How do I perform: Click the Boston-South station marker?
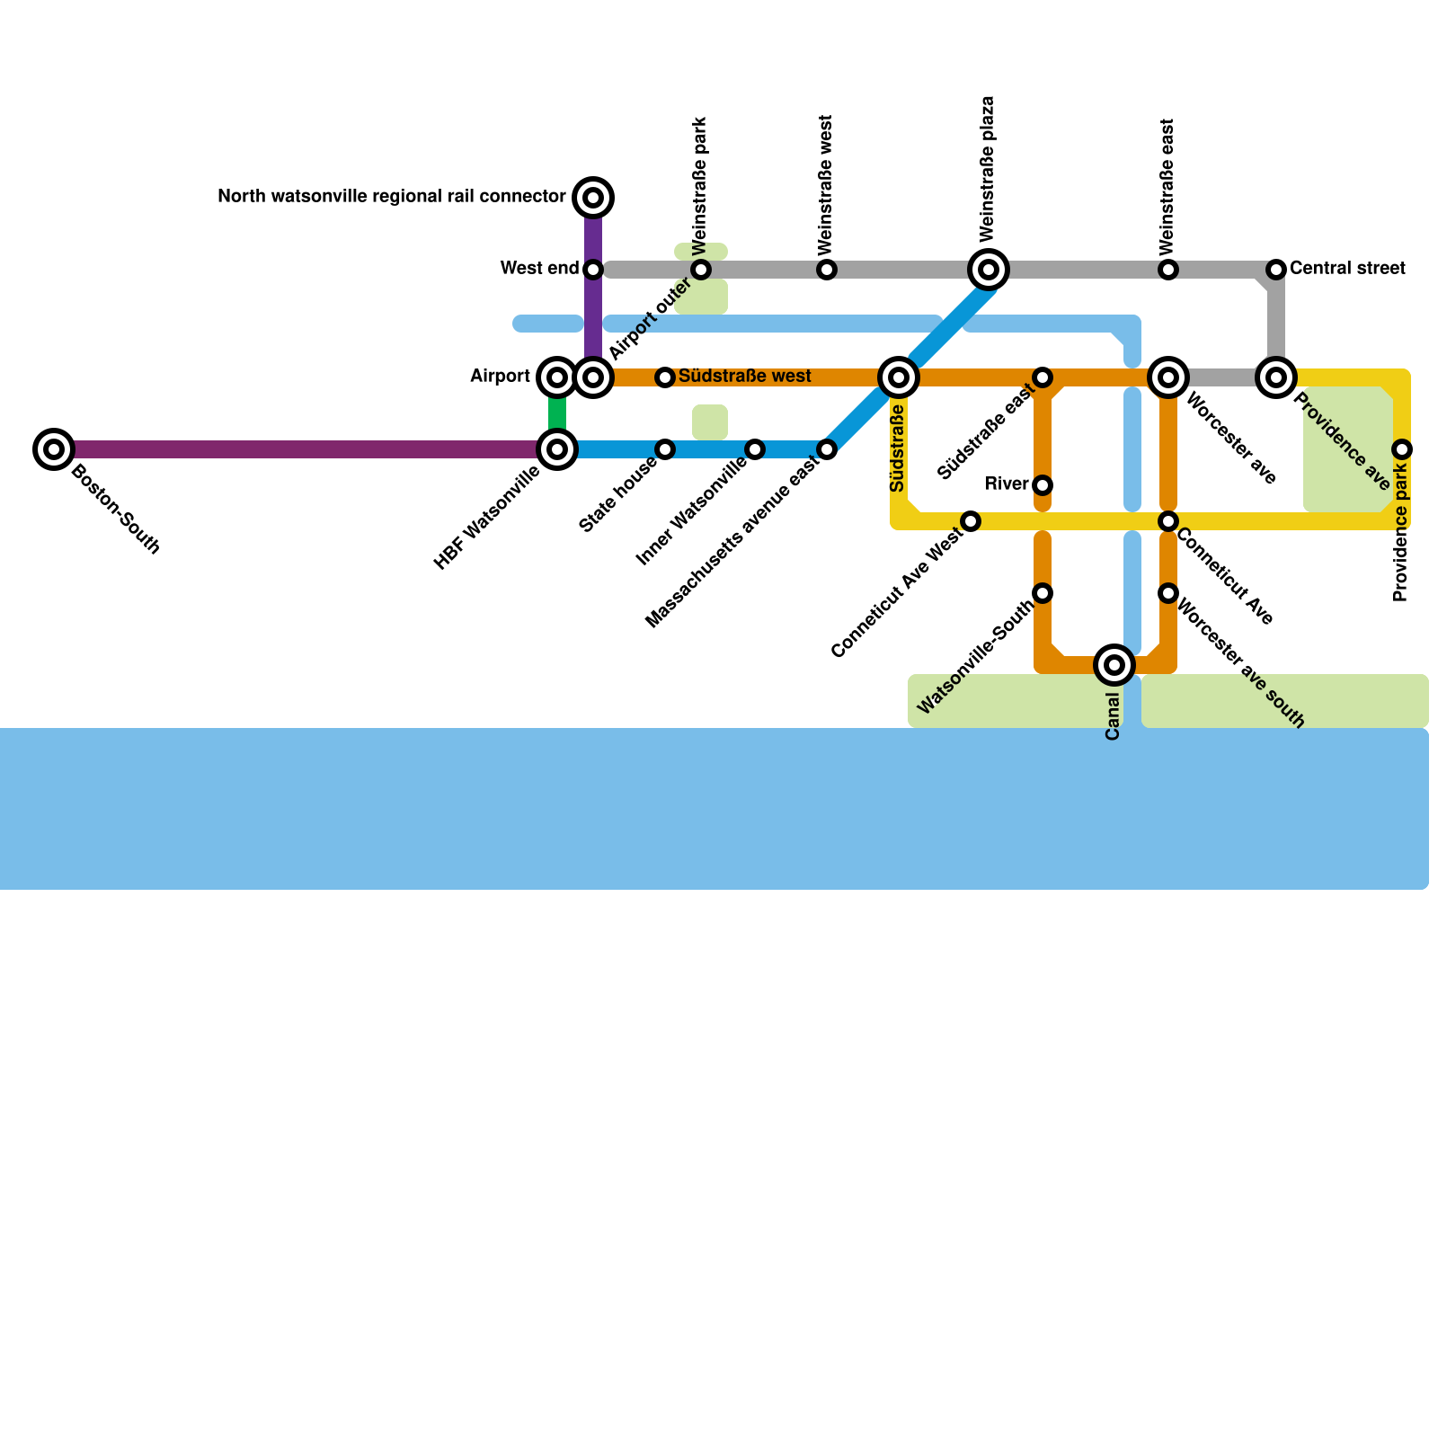(54, 448)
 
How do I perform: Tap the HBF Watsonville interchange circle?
(557, 448)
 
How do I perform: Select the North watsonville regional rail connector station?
(593, 197)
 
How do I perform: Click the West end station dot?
(593, 269)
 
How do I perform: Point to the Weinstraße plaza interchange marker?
(989, 269)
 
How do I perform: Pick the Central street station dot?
(1276, 269)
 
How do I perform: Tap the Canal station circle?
(1114, 664)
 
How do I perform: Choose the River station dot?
(1043, 485)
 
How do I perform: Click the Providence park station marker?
(1402, 448)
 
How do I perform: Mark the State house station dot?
(665, 448)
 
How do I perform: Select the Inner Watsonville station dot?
(755, 448)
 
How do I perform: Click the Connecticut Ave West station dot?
(971, 520)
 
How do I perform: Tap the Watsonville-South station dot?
(1043, 592)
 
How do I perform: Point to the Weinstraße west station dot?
(827, 269)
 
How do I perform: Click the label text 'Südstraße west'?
(744, 376)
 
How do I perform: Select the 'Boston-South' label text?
(115, 509)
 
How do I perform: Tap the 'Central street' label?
(1346, 268)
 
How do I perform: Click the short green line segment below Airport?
(557, 413)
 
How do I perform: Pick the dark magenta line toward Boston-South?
(297, 448)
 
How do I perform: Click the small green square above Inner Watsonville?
(710, 422)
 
